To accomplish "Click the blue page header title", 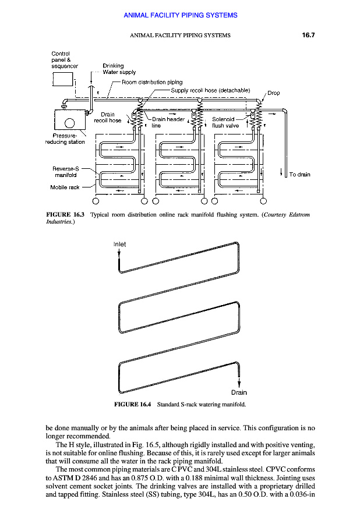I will [x=180, y=15].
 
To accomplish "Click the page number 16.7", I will [x=308, y=35].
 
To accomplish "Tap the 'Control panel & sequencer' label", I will [x=65, y=60].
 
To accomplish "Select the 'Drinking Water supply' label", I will [x=119, y=69].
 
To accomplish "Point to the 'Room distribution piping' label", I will [x=151, y=82].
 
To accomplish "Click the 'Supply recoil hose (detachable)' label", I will [x=210, y=90].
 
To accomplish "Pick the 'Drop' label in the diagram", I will [x=273, y=93].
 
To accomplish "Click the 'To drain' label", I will [x=299, y=175].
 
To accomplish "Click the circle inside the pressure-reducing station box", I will [x=69, y=122].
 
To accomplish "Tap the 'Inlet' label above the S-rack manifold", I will [x=119, y=245].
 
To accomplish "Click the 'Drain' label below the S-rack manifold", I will [x=239, y=392].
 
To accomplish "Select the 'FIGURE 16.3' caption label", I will [x=65, y=215].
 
